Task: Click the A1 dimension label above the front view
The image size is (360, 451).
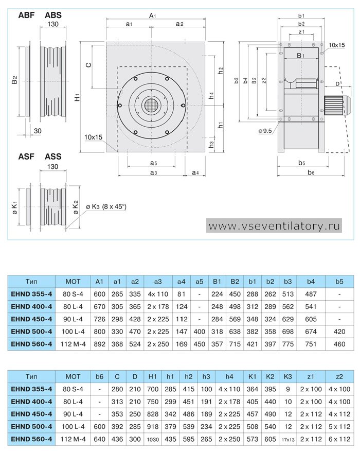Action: pyautogui.click(x=152, y=15)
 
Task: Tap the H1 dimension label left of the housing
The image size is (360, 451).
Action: pyautogui.click(x=77, y=97)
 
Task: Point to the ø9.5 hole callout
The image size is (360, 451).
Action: pyautogui.click(x=265, y=131)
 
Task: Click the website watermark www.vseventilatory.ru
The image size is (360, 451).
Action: pyautogui.click(x=274, y=226)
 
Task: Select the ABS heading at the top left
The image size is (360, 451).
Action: pyautogui.click(x=53, y=15)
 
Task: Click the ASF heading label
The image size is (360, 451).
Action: pyautogui.click(x=26, y=157)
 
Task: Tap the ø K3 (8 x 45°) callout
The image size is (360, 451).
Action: pyautogui.click(x=106, y=206)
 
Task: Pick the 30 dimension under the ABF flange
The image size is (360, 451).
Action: pyautogui.click(x=38, y=131)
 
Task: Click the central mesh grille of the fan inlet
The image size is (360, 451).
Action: pyautogui.click(x=151, y=106)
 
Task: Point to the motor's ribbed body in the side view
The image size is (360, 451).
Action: pyautogui.click(x=334, y=105)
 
